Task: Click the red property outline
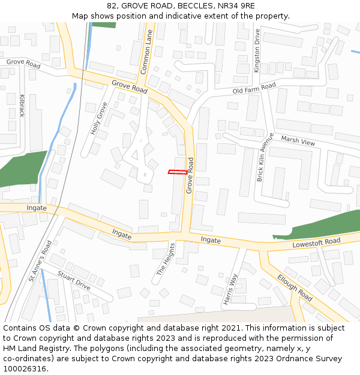pos(178,172)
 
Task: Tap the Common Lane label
pos(146,52)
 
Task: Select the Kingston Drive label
pos(257,50)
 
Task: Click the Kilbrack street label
pos(23,105)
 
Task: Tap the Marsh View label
pos(298,142)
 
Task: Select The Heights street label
pos(166,259)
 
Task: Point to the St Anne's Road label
pos(40,261)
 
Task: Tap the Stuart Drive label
pos(74,281)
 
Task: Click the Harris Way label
pos(230,290)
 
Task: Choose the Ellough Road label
pos(295,287)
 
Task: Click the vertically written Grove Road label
pos(190,175)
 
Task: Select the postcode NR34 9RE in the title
pos(229,5)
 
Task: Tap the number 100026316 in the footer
pos(24,368)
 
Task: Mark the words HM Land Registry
pos(34,348)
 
